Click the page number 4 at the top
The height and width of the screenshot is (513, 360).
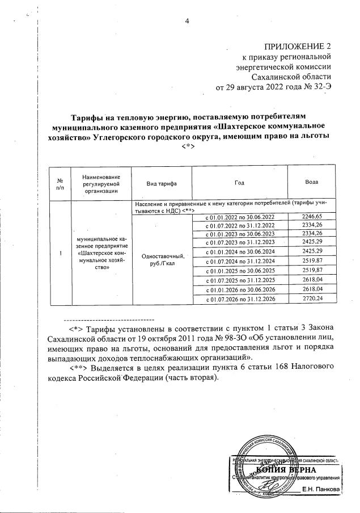coord(187,22)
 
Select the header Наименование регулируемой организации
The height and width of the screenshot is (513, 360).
coord(101,184)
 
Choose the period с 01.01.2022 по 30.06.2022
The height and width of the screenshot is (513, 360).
coord(240,217)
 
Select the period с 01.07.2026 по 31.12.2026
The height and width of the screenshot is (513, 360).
coord(240,298)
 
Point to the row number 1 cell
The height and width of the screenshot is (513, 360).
coord(60,253)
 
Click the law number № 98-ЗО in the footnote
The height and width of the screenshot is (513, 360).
coord(214,339)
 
